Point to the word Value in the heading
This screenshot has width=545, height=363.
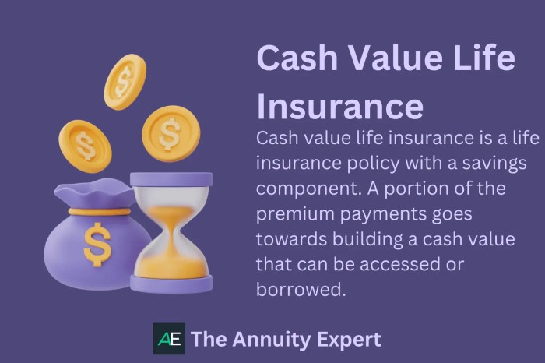coord(394,60)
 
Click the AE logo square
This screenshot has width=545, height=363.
coord(169,339)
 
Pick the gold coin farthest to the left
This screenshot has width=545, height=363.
coord(84,145)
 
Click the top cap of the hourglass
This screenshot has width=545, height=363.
coord(171,179)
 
